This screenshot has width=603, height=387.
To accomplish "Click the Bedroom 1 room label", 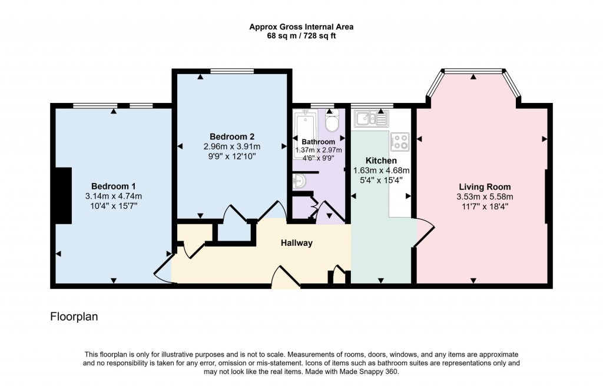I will [x=114, y=186].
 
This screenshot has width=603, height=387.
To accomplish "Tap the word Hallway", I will [x=296, y=243].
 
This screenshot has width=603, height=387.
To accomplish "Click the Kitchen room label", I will [x=381, y=161].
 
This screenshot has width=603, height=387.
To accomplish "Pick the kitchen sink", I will [x=370, y=120].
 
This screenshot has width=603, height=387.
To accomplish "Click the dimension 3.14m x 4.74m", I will [x=114, y=196].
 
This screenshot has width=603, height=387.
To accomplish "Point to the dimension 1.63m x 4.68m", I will [x=381, y=171].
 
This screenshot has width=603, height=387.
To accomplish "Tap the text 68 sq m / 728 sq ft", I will [x=301, y=36].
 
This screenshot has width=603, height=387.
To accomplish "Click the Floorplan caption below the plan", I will [x=74, y=317].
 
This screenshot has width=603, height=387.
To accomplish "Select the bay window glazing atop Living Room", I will [x=473, y=71].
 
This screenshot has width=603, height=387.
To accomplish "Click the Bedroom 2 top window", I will [x=232, y=71].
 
